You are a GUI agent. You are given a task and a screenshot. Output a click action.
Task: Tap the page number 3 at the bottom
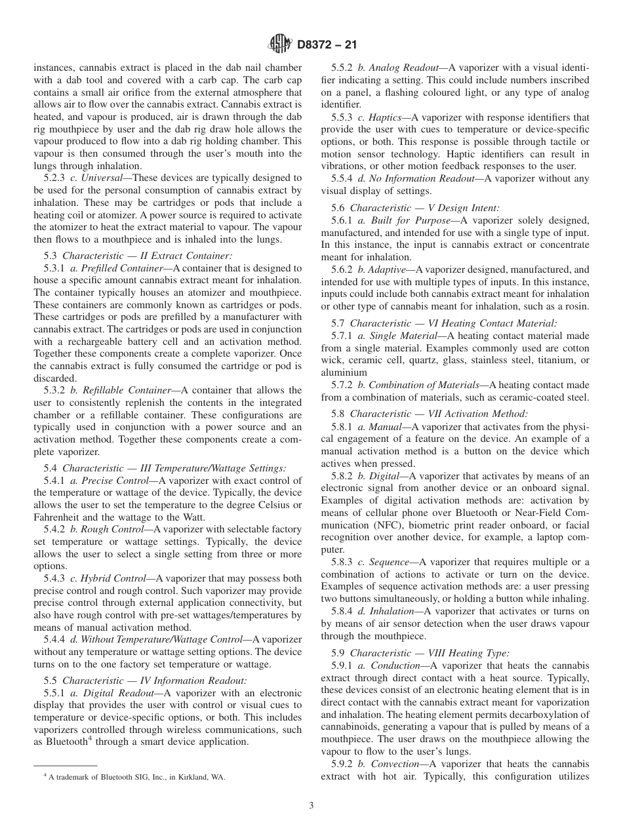pyautogui.click(x=311, y=806)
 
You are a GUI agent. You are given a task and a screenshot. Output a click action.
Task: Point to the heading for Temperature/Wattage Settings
pyautogui.click(x=165, y=467)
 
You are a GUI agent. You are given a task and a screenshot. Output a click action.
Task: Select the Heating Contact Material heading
pyautogui.click(x=453, y=323)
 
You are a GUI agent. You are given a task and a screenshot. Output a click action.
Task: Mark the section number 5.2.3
pyautogui.click(x=54, y=178)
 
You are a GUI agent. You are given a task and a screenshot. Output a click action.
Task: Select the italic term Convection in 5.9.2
pyautogui.click(x=395, y=764)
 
